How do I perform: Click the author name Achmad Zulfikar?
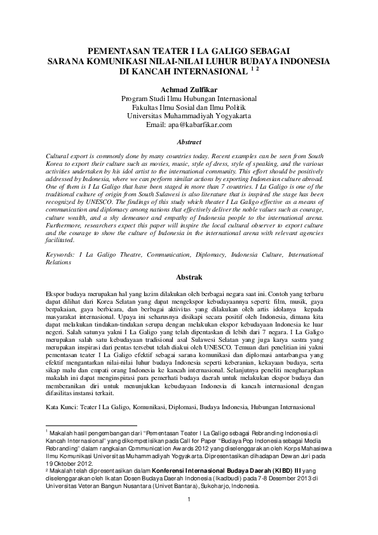[189, 90]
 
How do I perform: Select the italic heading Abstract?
[189, 143]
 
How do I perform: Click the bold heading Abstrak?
[189, 278]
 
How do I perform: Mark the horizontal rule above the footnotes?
[92, 425]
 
